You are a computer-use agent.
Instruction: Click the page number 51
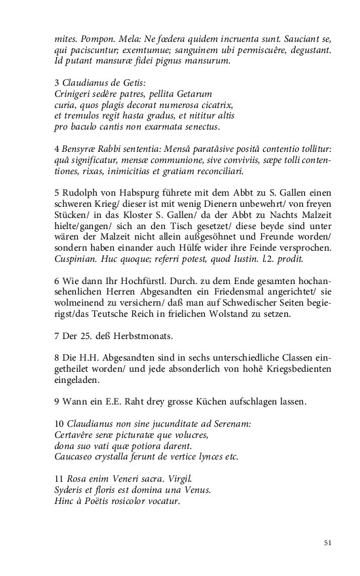(x=329, y=543)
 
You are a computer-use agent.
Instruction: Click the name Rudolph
(x=81, y=194)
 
